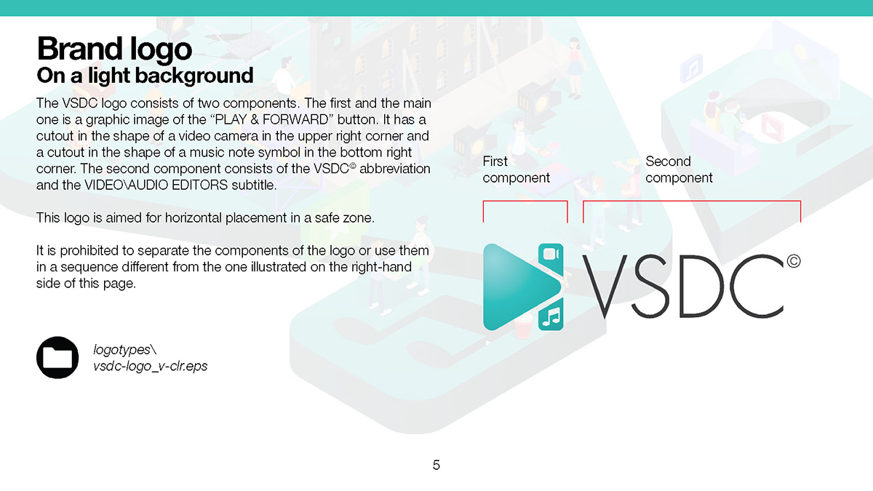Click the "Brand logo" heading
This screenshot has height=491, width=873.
(x=114, y=49)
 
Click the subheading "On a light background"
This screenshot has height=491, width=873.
(x=145, y=75)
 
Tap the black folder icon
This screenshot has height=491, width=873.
(x=57, y=358)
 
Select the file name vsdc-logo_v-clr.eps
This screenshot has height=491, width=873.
(x=150, y=366)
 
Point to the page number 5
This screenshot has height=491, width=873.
(x=436, y=465)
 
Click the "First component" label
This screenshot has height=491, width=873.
(x=516, y=169)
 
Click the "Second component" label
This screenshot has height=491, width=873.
(x=679, y=169)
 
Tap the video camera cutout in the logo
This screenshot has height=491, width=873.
(x=550, y=255)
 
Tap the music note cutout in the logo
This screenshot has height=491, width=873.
(x=551, y=315)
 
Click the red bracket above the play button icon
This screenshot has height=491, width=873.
(x=525, y=201)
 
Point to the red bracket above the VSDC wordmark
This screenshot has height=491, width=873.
(x=691, y=201)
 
